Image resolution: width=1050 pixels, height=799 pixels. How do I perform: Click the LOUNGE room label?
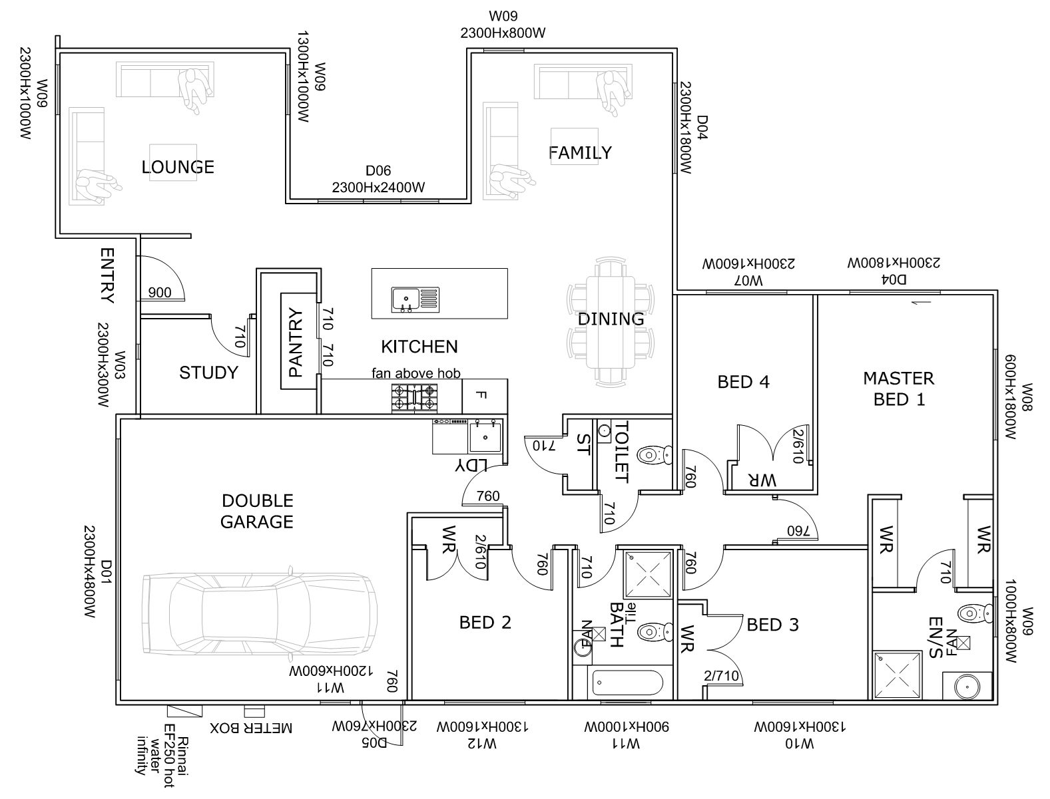tap(178, 167)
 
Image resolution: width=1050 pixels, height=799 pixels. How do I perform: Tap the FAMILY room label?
tap(580, 153)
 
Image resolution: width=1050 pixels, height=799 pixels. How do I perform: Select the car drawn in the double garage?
tap(260, 613)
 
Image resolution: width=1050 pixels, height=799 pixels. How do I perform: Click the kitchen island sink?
tap(415, 299)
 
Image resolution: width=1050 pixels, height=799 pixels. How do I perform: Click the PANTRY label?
tap(296, 342)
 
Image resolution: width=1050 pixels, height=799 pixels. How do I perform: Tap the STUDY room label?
tap(208, 373)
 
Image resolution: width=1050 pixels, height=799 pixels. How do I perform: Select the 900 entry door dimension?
tap(159, 293)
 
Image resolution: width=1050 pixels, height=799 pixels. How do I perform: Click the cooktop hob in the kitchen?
tap(414, 398)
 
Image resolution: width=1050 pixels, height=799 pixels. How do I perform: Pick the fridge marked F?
tap(484, 396)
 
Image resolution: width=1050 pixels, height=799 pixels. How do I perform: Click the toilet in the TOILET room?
tap(654, 455)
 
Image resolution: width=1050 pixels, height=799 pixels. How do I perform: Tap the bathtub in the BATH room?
tap(627, 683)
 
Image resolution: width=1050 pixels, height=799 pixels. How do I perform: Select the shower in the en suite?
tap(897, 675)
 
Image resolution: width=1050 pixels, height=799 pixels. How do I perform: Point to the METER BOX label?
tap(251, 728)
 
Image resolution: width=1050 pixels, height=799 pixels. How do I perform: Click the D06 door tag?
tap(378, 170)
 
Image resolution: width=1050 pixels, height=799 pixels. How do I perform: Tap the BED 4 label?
tap(743, 383)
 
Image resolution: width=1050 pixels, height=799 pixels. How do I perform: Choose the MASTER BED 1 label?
tap(899, 389)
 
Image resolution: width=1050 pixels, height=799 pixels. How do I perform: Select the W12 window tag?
tap(481, 744)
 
